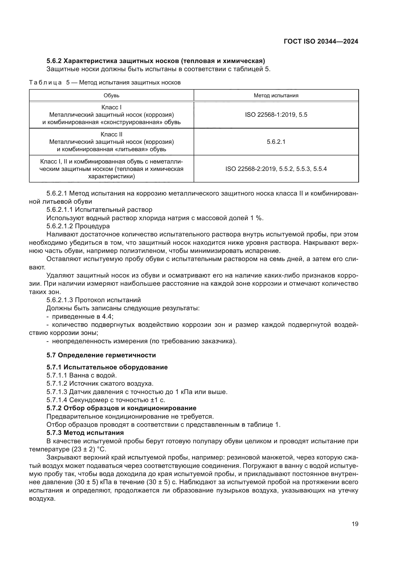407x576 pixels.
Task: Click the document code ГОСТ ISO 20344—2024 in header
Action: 321,41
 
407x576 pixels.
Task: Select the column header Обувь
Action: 111,96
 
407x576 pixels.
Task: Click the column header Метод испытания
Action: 276,96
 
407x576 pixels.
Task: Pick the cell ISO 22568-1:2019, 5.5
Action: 276,115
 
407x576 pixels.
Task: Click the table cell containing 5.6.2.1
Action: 276,142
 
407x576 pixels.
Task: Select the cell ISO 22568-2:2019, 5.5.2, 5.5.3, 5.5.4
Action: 276,169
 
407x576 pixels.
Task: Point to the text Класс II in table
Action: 111,134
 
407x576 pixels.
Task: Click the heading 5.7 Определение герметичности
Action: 101,355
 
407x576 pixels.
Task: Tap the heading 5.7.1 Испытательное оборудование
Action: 107,367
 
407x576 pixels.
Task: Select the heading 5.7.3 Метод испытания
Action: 85,433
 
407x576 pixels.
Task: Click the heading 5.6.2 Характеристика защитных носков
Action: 155,61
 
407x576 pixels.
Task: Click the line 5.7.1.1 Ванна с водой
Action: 82,376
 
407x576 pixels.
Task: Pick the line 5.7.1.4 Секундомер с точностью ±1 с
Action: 106,400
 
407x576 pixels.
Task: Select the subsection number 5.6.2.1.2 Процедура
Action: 78,226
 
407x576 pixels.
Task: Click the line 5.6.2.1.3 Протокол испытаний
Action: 94,300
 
